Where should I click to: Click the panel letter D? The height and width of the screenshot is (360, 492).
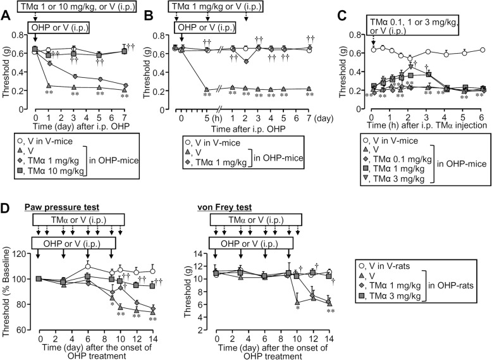point(6,208)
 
